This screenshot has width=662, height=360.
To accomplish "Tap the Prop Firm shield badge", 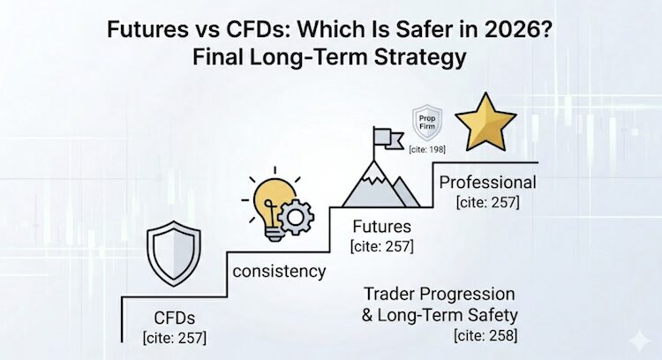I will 428,121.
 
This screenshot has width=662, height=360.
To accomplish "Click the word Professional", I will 487,184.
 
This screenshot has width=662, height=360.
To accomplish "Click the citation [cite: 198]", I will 427,149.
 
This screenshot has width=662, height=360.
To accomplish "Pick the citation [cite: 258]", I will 485,335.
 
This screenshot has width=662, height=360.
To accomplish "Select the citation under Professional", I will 487,204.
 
